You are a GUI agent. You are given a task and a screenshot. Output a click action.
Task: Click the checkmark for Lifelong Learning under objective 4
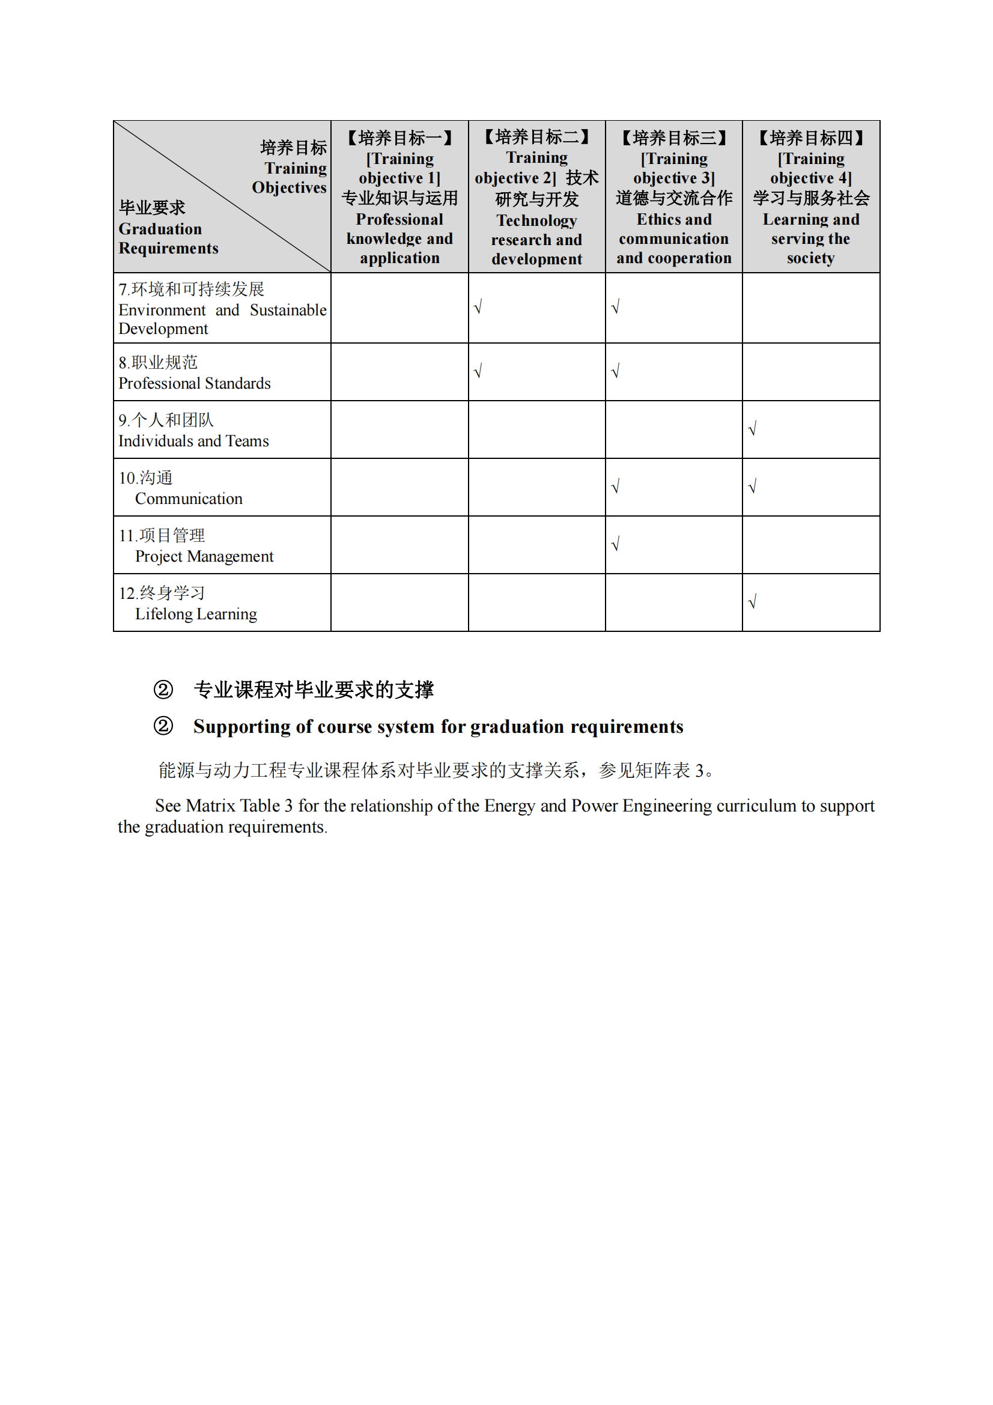click(x=753, y=602)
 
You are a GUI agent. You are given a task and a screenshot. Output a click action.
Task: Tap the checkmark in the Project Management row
click(x=616, y=544)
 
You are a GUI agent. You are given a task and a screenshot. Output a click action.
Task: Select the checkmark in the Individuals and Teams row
click(x=753, y=428)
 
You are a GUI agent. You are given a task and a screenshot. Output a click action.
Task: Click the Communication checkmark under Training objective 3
click(x=616, y=487)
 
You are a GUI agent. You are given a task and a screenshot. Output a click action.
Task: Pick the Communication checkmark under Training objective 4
click(x=753, y=487)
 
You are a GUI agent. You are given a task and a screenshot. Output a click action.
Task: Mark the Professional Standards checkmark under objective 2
click(x=478, y=371)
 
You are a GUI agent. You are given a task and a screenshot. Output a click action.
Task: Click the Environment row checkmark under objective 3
click(x=616, y=306)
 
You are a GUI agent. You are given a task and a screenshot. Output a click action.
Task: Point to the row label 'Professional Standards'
click(x=195, y=384)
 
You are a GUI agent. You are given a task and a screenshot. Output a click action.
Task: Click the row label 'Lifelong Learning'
click(x=196, y=614)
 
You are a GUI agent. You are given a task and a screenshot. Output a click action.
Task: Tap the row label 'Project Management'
click(x=204, y=557)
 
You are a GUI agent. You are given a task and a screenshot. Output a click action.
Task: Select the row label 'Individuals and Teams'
click(x=193, y=442)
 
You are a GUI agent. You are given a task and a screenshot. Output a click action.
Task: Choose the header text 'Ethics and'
click(x=673, y=220)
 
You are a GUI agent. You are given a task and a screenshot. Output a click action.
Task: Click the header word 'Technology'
click(x=536, y=220)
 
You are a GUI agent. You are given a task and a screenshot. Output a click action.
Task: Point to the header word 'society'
click(x=810, y=258)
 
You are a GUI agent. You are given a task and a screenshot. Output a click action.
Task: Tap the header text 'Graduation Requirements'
click(x=168, y=238)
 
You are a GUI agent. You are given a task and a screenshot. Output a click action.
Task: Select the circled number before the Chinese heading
click(x=163, y=690)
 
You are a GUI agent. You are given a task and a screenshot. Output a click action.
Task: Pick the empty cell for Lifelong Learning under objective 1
click(x=399, y=602)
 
